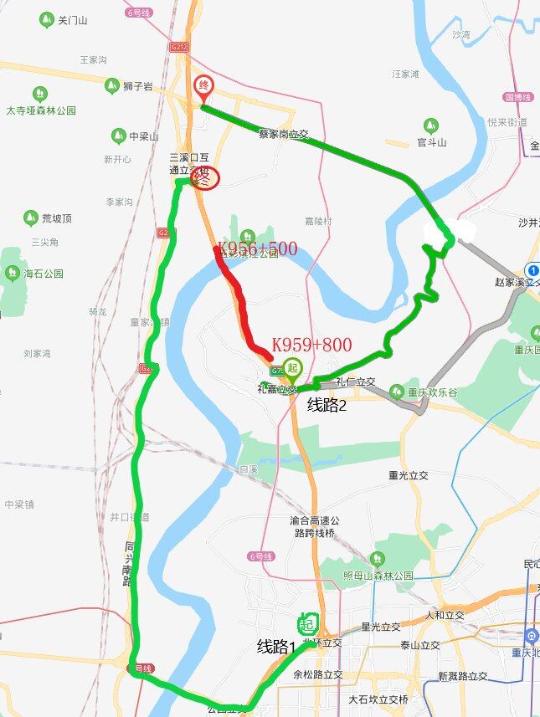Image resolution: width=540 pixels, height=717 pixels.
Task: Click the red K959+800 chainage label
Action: coord(311,345)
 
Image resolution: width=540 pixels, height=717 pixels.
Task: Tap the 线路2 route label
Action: coord(327,405)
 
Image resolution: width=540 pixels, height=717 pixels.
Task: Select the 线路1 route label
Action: coord(276,646)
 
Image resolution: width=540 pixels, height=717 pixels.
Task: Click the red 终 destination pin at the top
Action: coord(203,88)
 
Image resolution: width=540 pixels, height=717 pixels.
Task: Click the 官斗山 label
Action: coord(432,142)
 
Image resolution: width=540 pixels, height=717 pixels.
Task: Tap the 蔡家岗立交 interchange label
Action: coord(284,133)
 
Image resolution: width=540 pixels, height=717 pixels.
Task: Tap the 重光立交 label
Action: coord(409,475)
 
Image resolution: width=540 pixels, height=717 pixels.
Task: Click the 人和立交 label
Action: coord(445,615)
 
